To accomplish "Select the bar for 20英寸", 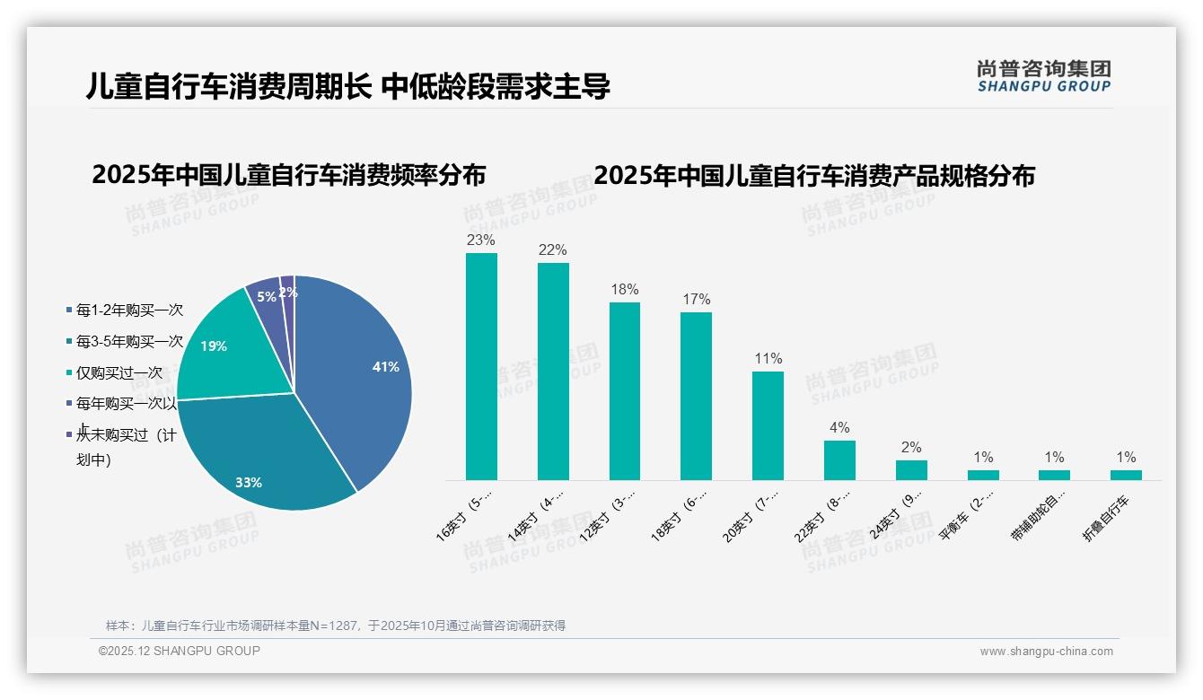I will point(768,425).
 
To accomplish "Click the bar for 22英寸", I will point(839,459).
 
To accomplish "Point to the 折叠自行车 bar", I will point(1126,475).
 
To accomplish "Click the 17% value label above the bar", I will point(696,299).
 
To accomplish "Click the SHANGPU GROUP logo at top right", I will point(1043,76).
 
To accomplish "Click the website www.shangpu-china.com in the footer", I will point(1046,652).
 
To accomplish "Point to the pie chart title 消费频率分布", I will point(288,175).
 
